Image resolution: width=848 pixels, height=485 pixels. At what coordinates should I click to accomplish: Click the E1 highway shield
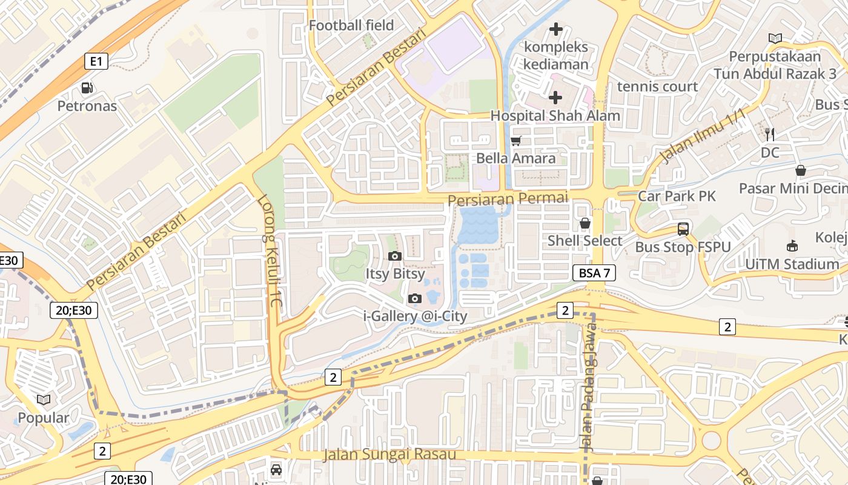[x=96, y=61]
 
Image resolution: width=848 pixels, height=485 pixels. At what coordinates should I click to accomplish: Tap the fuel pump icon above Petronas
[x=87, y=88]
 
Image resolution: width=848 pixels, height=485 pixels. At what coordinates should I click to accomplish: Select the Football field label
[x=351, y=25]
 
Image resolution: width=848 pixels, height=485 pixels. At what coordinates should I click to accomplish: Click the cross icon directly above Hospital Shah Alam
[x=555, y=97]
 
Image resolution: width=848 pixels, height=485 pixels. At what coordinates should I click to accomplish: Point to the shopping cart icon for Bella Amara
[x=516, y=141]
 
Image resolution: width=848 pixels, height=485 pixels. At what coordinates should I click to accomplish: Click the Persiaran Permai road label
[x=508, y=198]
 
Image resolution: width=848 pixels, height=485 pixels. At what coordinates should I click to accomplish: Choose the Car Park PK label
[x=677, y=196]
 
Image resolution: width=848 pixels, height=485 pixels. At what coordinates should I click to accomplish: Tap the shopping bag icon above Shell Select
[x=585, y=223]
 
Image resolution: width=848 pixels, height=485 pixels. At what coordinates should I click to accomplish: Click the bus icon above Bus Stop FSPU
[x=683, y=229]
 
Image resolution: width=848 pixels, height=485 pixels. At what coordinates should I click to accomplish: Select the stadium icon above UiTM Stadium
[x=792, y=246]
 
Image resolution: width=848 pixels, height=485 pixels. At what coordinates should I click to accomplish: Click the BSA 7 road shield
[x=594, y=273]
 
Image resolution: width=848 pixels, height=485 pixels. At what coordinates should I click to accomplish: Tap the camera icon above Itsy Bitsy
[x=395, y=256]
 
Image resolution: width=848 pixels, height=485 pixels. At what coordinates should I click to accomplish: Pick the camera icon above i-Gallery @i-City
[x=415, y=298]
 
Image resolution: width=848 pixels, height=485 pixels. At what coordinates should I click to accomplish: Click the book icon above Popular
[x=43, y=400]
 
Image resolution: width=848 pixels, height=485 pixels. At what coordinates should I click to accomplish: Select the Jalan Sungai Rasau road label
[x=389, y=454]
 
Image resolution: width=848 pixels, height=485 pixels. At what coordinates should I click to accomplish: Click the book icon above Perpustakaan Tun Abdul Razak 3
[x=775, y=38]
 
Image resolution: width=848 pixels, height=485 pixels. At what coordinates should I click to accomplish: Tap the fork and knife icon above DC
[x=770, y=134]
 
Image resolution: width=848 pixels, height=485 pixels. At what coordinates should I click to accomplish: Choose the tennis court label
[x=657, y=87]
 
